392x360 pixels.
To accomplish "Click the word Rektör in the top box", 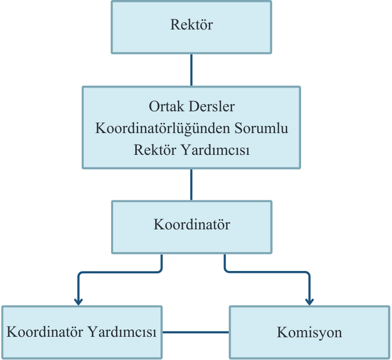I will click(x=191, y=25).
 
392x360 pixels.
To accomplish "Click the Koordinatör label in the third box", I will click(x=191, y=225).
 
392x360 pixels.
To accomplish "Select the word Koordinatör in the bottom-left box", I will click(x=44, y=332).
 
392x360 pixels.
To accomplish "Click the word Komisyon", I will click(x=309, y=332).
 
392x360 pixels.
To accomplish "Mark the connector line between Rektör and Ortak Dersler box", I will click(x=191, y=70).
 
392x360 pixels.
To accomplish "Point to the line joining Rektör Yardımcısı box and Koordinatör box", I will click(x=191, y=184).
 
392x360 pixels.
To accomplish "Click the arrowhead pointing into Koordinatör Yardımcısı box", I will click(x=78, y=301).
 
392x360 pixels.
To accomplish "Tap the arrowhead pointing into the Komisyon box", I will click(x=309, y=301).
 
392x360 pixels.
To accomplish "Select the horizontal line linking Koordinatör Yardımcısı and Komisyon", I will click(x=196, y=332).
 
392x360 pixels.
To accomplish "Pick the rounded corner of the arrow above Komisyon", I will click(x=307, y=273).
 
